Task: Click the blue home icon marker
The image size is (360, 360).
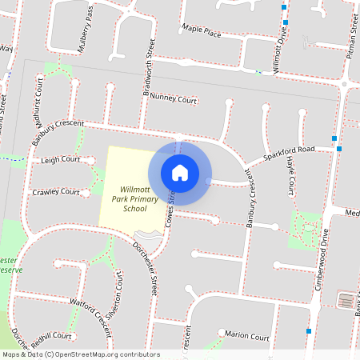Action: point(180,172)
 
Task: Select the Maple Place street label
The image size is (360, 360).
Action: point(201,32)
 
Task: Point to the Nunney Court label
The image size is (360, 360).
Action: point(173,100)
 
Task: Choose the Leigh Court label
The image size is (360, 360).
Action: point(61,160)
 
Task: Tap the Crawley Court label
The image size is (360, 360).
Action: point(55,193)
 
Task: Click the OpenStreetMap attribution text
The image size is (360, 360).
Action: point(81,354)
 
